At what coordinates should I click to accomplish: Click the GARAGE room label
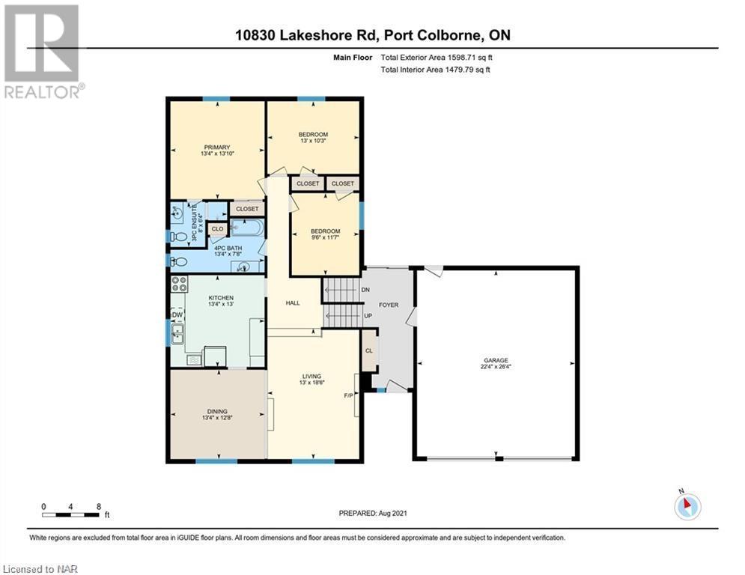[496, 360]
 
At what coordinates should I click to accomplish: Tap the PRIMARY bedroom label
[216, 147]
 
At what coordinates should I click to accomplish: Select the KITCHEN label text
[221, 297]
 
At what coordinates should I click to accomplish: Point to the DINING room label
[217, 412]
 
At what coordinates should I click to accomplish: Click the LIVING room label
[311, 377]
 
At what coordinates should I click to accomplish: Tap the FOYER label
[389, 305]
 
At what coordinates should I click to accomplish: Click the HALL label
[293, 302]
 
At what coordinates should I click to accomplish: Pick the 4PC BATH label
[228, 248]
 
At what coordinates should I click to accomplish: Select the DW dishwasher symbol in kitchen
[177, 315]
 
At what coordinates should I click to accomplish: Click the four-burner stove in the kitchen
[179, 284]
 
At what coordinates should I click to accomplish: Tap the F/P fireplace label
[348, 395]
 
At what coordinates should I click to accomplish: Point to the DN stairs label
[365, 290]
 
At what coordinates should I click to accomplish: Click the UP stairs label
[368, 315]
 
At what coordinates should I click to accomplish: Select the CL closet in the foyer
[369, 350]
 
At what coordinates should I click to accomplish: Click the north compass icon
[687, 505]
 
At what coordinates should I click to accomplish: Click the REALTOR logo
[42, 52]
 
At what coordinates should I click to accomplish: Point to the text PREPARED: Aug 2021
[373, 513]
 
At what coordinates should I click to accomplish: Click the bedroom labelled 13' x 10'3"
[313, 137]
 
